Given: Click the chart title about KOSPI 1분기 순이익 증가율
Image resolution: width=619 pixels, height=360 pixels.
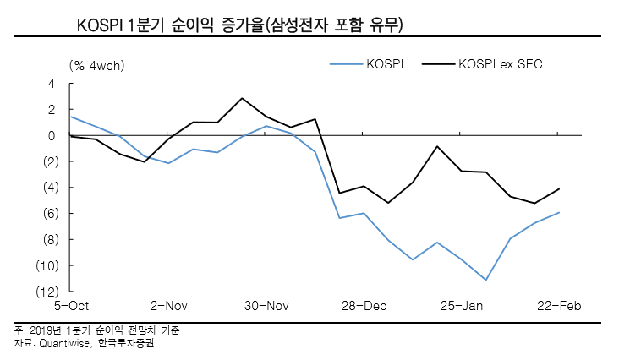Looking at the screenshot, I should point(239,25).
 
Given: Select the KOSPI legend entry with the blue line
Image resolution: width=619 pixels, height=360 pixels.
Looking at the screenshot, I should point(382,63).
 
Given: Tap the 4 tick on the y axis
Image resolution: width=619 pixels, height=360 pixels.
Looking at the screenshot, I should point(52,84).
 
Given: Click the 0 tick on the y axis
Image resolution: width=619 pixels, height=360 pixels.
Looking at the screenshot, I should point(52,135).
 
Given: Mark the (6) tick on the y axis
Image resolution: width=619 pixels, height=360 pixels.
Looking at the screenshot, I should point(47,214).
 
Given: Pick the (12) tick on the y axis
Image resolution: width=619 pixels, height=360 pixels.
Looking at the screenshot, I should point(45,292).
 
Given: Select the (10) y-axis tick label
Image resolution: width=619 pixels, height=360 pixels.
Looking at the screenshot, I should point(45,265).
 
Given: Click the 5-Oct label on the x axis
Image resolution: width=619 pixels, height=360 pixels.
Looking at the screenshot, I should point(72,306).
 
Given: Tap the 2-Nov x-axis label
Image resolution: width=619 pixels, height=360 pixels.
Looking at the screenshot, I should point(169,306).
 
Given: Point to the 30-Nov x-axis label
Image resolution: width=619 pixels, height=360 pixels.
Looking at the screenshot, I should point(266,306).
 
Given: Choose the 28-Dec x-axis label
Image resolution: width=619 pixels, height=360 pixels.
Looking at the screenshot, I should point(364,306).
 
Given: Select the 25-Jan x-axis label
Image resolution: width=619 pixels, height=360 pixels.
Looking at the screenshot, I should point(461,306).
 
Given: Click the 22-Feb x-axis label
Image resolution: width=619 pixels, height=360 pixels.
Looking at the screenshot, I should point(558,306).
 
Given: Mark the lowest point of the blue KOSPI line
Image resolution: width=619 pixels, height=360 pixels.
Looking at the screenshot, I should point(486,280).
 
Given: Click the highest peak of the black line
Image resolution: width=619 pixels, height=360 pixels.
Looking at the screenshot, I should point(242,98).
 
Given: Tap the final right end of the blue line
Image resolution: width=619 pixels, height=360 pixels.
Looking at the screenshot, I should point(559,212).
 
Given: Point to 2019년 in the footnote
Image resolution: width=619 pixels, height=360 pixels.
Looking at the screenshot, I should point(42,330).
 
